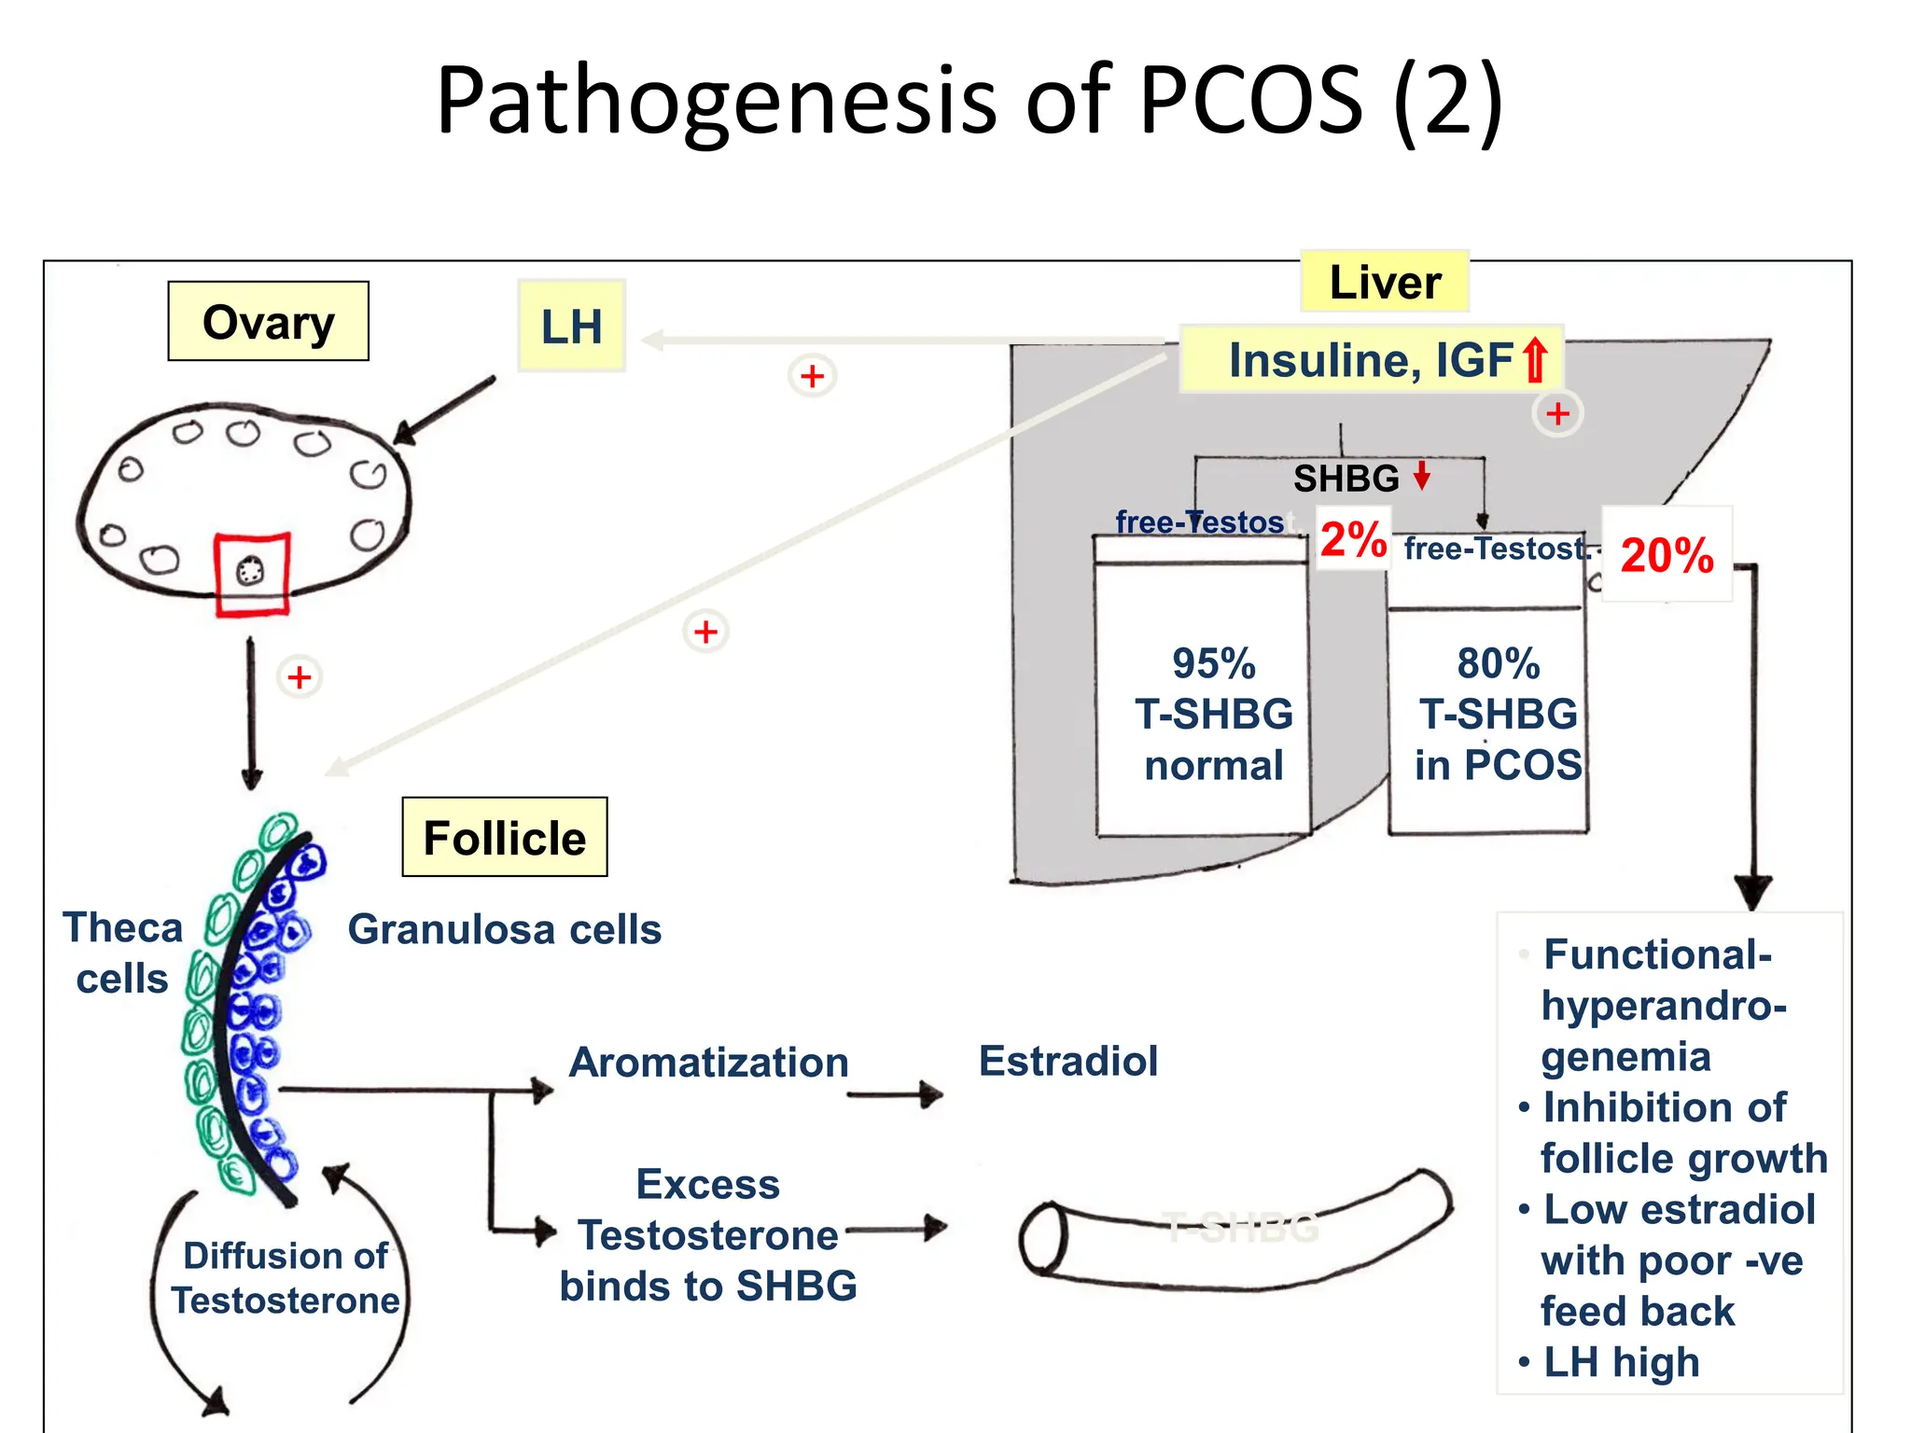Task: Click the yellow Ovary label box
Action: coord(268,322)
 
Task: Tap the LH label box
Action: coord(571,327)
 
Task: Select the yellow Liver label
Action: coord(1385,282)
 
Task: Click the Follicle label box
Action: coord(505,837)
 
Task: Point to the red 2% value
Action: coord(1353,538)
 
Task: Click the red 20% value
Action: coord(1667,554)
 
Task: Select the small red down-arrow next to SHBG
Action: coord(1422,476)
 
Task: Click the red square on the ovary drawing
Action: coord(252,574)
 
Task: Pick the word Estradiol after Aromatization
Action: coord(1068,1061)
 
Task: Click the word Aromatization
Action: coord(709,1062)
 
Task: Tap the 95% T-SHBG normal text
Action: coord(1214,714)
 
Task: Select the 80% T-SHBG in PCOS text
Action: coord(1498,714)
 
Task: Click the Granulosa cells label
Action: coord(505,929)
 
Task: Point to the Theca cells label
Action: coord(122,953)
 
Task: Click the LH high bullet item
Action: coord(1621,1361)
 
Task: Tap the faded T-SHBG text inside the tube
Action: coord(1241,1228)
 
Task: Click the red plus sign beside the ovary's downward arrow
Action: coord(300,676)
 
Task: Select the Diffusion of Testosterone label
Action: coord(286,1277)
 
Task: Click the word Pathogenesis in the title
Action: coord(717,101)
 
